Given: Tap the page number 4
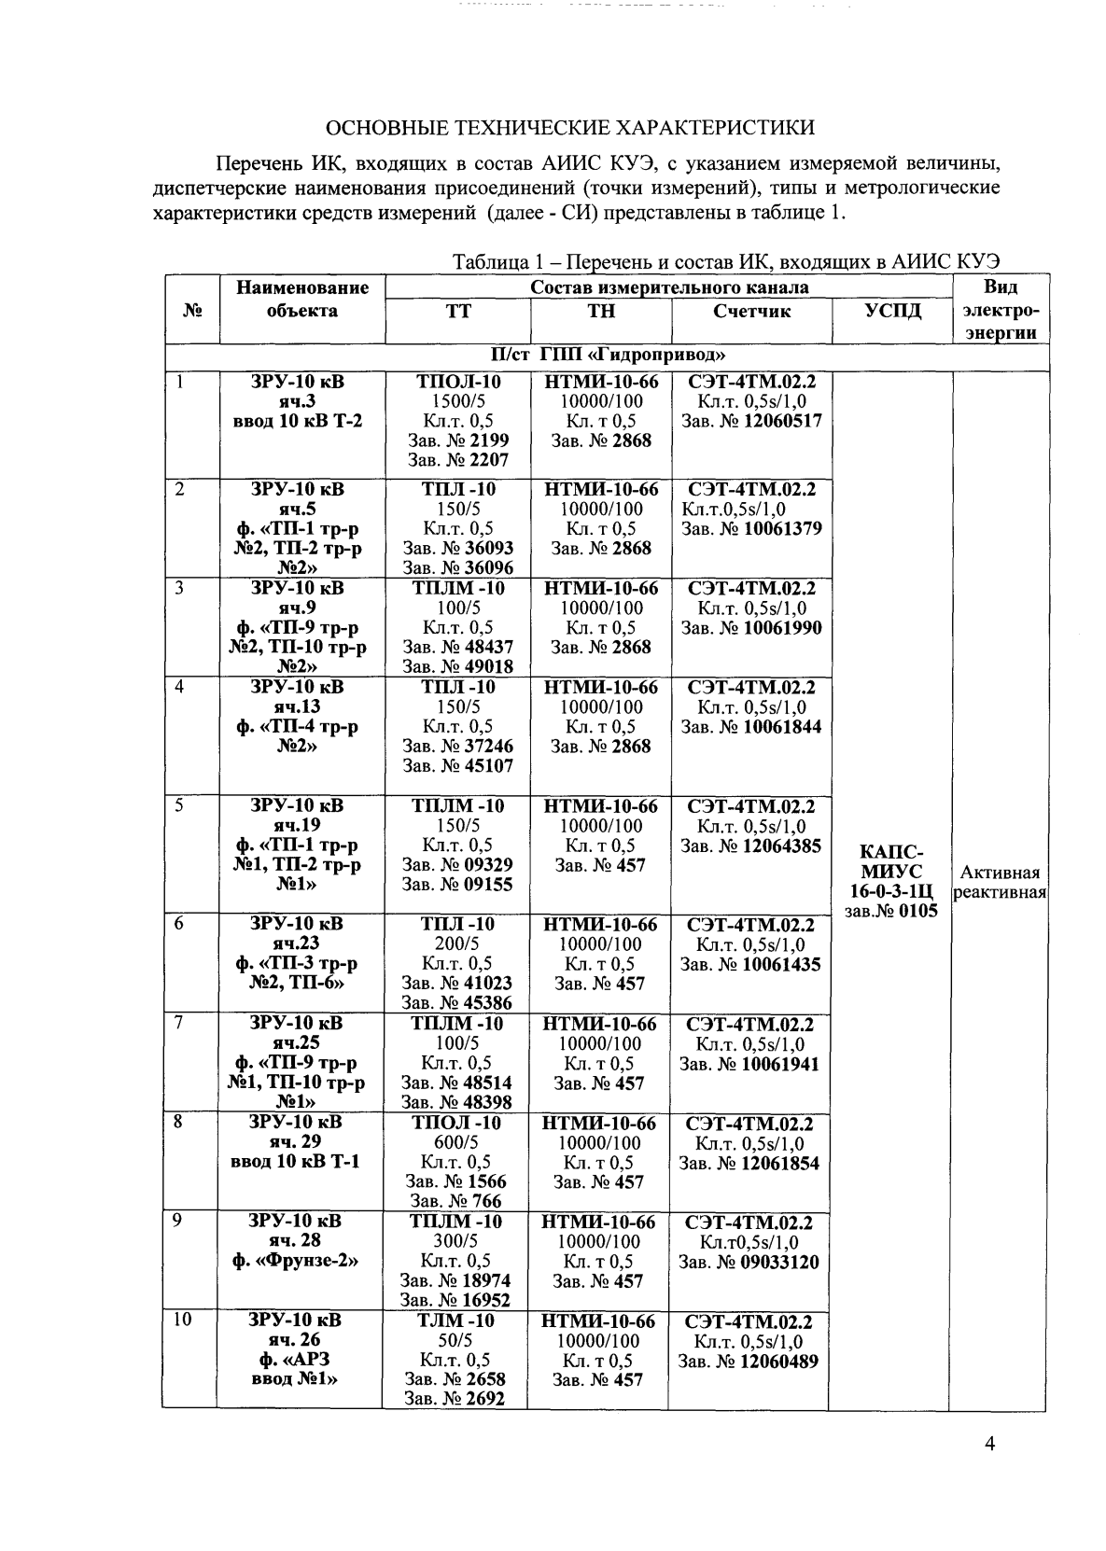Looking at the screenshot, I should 989,1445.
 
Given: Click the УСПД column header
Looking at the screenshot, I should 890,312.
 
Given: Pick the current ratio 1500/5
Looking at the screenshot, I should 458,401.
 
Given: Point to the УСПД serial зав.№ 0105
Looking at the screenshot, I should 890,911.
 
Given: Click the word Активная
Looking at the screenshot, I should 1001,873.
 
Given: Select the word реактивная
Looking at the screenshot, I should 1001,893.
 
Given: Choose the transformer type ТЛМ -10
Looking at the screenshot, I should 456,1320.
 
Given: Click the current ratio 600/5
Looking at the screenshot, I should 456,1142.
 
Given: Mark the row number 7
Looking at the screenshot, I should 177,1023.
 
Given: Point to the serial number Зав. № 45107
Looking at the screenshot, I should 457,766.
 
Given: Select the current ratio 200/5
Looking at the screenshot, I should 457,943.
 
